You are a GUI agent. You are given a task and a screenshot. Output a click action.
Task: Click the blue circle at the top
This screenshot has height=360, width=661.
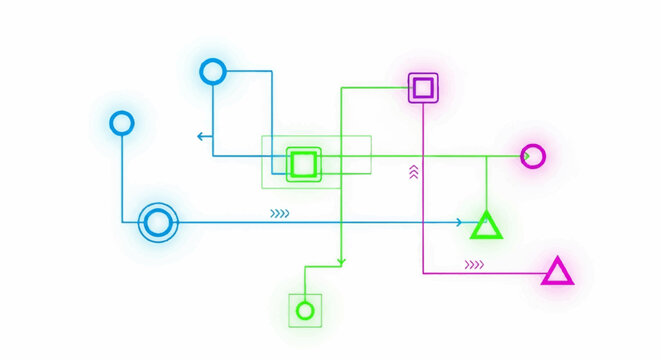213,71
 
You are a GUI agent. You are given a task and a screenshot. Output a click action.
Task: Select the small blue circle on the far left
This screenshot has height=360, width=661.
122,123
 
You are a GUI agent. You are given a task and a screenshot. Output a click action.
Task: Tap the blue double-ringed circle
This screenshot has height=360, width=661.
157,222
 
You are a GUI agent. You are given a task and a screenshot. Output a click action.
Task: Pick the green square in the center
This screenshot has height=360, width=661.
303,163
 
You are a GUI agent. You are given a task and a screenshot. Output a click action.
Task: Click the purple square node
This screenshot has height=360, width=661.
423,88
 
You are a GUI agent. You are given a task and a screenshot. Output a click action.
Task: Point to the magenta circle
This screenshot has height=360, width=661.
533,156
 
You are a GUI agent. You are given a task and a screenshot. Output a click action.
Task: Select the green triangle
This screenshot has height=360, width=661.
486,226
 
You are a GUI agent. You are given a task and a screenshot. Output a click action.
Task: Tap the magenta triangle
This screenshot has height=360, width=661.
557,272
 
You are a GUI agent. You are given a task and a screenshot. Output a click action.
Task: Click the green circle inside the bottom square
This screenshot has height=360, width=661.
305,310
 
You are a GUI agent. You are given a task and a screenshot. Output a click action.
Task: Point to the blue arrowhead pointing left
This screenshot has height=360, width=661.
202,136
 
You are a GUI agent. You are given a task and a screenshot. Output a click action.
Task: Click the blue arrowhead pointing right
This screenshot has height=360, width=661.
458,222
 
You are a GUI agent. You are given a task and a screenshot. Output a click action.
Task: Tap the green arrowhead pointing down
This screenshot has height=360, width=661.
341,262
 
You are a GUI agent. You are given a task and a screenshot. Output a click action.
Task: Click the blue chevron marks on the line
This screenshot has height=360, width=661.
279,213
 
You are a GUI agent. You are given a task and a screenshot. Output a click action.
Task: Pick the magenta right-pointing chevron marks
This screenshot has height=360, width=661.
474,265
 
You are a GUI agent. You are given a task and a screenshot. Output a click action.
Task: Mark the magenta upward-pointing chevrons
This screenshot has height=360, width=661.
413,173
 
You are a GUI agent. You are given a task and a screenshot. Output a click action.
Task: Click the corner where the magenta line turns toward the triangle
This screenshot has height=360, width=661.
424,272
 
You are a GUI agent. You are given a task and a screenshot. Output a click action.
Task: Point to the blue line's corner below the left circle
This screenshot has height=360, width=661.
122,222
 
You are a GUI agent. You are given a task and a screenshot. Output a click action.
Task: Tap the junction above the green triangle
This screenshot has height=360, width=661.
486,156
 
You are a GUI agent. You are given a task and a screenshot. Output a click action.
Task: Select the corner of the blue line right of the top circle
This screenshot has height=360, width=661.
272,71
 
